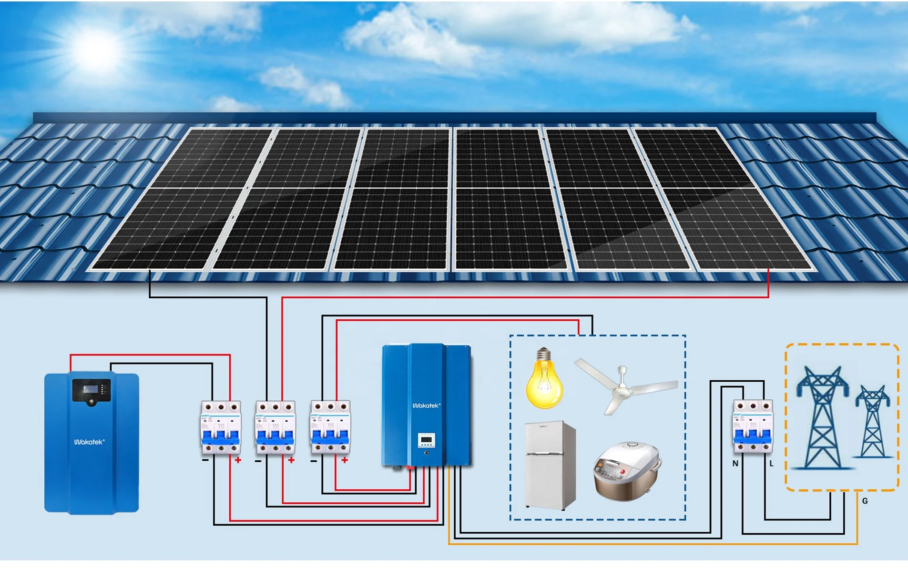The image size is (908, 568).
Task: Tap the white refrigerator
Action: point(550,465)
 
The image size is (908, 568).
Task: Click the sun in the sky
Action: point(95,50)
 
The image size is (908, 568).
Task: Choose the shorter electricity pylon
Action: point(873,422)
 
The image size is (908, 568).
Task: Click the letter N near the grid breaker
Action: point(735,463)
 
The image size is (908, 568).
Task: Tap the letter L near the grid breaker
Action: point(771,463)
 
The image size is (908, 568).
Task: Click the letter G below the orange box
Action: point(865,501)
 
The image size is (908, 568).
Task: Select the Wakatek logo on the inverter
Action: point(426,406)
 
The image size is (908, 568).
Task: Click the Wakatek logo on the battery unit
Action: point(89,442)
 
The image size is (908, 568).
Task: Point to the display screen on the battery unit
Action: point(91,390)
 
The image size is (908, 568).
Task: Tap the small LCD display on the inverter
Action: point(426,439)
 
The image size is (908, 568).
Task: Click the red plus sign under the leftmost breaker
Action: point(238,460)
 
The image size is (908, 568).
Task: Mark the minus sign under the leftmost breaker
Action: point(205,460)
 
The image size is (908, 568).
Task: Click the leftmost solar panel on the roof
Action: point(181,200)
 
